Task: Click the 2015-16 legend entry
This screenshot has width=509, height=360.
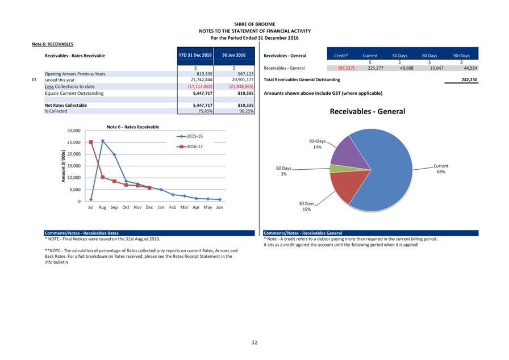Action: click(x=191, y=136)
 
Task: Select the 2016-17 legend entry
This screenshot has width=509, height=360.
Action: click(x=191, y=146)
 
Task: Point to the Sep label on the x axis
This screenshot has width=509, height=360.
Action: click(x=114, y=208)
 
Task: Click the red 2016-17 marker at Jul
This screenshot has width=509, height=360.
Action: click(x=91, y=142)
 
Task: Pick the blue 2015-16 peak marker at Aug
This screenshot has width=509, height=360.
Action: click(x=103, y=141)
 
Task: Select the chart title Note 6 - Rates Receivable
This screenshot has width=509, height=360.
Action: click(x=133, y=127)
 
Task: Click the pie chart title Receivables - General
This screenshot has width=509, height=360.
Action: click(x=368, y=111)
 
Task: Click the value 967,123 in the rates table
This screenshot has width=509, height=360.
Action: click(x=243, y=74)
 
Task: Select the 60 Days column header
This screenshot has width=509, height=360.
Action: click(x=429, y=56)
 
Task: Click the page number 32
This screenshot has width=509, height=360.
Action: click(x=254, y=342)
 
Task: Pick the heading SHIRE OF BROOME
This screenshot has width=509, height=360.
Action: click(x=254, y=24)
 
